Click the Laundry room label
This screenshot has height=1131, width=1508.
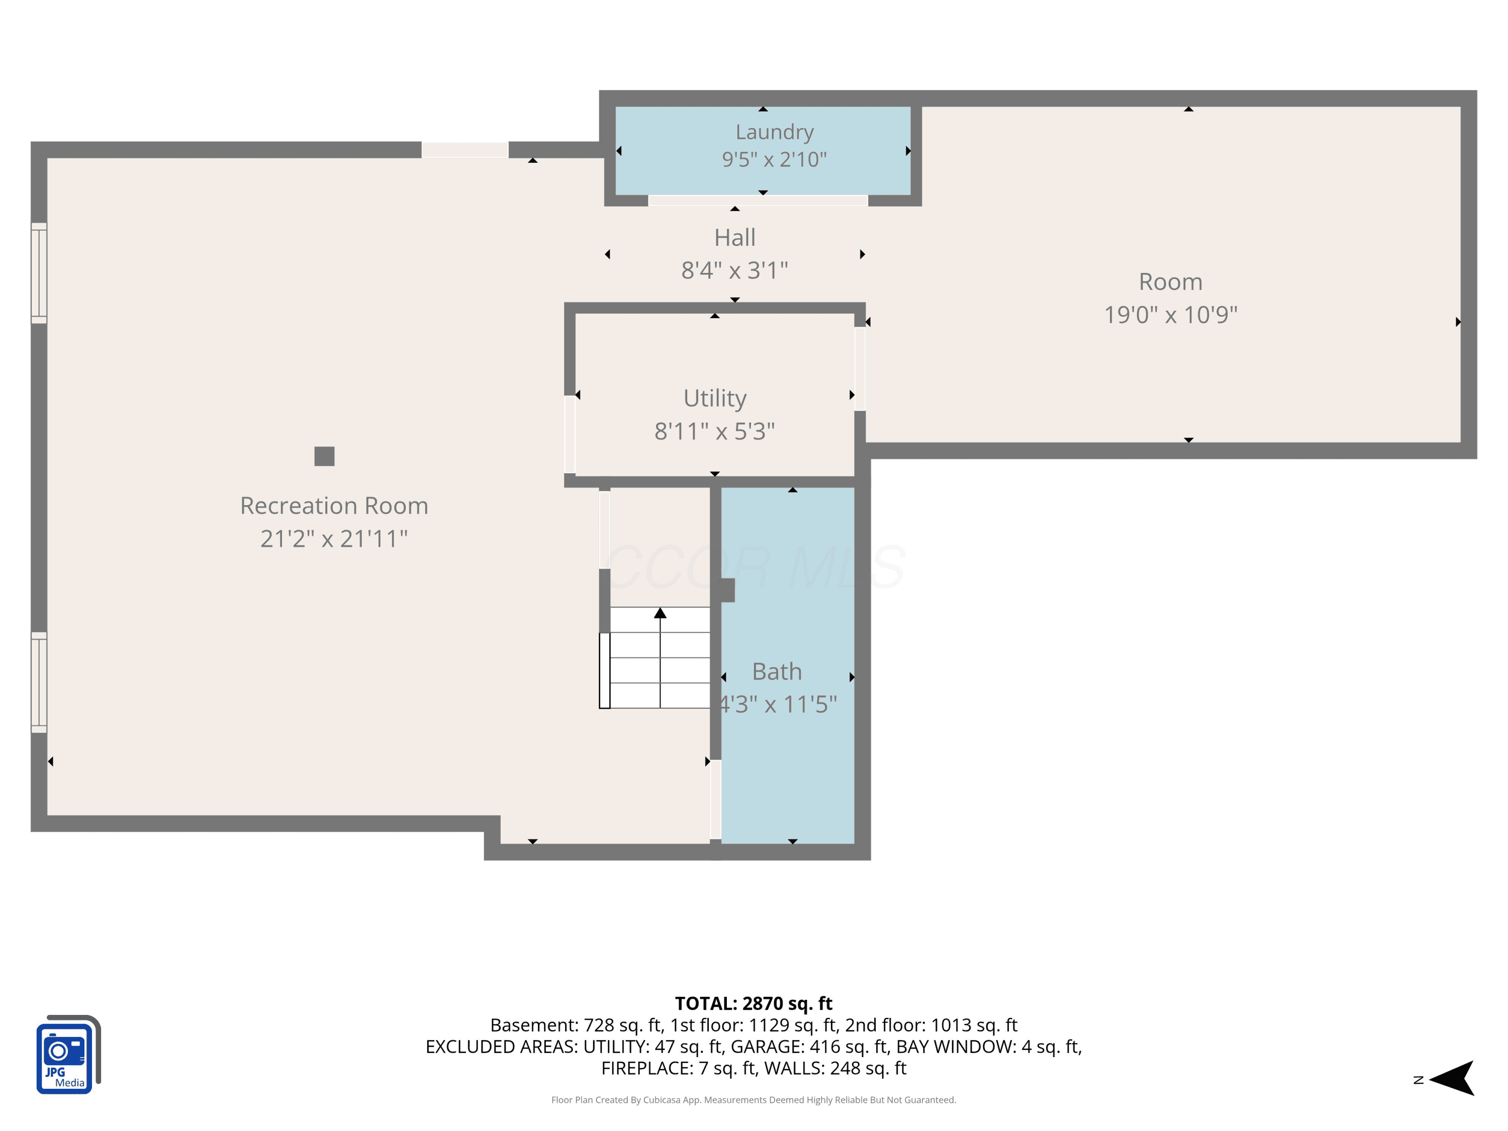point(775,132)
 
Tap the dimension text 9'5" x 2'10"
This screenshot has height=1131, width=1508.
point(775,159)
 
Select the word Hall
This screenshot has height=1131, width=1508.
point(735,238)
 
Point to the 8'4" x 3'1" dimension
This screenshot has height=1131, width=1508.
point(735,270)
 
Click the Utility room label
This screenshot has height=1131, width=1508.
point(715,398)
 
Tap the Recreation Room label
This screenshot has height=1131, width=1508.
point(334,506)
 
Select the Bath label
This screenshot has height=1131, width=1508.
point(777,672)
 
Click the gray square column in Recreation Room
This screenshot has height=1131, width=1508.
point(325,456)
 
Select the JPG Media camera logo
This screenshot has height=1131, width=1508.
point(68,1055)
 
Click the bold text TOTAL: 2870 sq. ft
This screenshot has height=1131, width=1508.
point(754,1003)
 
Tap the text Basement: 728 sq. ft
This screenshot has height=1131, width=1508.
point(576,1025)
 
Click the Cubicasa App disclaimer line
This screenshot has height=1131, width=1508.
point(754,1100)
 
